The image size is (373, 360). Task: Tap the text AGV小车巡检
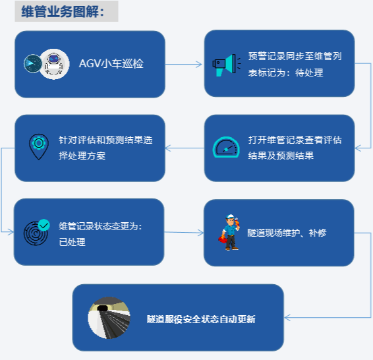coord(111,63)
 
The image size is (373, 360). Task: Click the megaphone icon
coord(227,65)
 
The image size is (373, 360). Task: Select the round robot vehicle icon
coord(55,64)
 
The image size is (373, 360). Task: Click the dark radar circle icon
coord(32,63)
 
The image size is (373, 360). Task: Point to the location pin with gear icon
coord(39,146)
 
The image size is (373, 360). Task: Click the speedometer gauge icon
coord(226,147)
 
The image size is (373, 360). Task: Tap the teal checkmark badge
coord(43,225)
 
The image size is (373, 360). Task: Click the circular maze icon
coord(36,233)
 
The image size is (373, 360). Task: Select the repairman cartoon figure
coord(229,232)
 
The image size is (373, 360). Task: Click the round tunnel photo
coord(109,318)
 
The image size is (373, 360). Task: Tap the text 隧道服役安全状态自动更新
coord(201,319)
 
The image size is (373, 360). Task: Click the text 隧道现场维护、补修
coord(287,233)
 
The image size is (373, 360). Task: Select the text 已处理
coord(72,242)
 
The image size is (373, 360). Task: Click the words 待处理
coord(309,73)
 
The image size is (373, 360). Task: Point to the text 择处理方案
coord(82,156)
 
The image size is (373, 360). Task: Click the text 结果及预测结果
coord(281,156)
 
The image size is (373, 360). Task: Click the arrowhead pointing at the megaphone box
coord(199,64)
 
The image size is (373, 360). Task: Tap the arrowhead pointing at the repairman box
coord(200,233)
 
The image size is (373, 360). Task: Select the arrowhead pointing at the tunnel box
coord(287,318)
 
